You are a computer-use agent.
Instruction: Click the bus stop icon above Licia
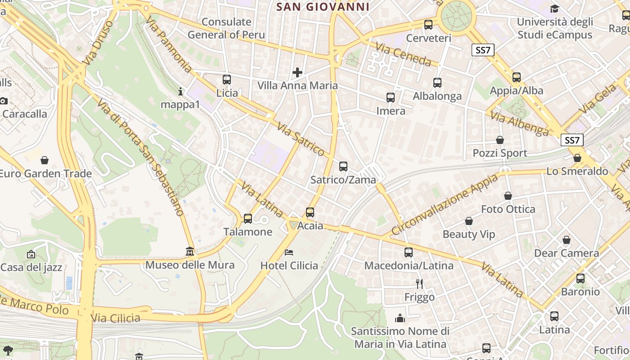click(227, 80)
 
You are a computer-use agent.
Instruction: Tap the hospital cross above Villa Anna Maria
click(297, 72)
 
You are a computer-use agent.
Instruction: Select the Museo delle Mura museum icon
click(190, 251)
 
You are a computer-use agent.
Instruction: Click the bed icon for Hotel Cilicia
click(289, 252)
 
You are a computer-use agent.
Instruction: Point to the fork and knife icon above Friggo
click(419, 283)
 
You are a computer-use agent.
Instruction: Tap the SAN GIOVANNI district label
click(323, 7)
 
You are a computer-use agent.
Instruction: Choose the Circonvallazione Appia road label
click(444, 205)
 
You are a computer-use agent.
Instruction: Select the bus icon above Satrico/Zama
click(343, 166)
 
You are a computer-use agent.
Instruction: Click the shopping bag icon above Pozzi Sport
click(499, 140)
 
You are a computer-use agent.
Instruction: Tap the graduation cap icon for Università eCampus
click(554, 9)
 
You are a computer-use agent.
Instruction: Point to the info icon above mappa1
click(180, 92)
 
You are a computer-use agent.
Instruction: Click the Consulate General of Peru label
click(226, 28)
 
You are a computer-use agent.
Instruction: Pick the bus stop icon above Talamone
click(247, 219)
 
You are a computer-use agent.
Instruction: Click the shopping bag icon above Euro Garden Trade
click(45, 160)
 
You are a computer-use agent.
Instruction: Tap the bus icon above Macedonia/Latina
click(409, 252)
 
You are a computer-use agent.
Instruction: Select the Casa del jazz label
click(31, 267)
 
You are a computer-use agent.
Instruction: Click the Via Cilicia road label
click(116, 318)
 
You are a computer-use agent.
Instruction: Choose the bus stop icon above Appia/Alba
click(517, 77)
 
